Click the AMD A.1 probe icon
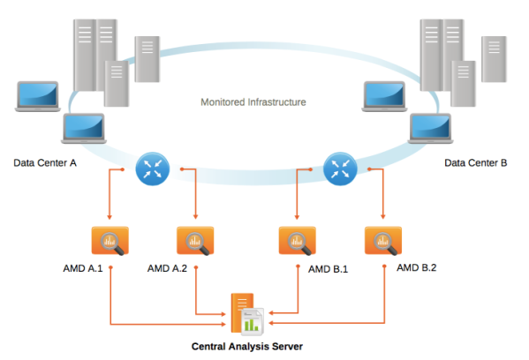point(110,241)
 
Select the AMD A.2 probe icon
point(195,241)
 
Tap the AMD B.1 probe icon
point(298,241)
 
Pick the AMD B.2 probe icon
point(383,241)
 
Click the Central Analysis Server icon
point(247,314)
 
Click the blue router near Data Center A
point(153,169)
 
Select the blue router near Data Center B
point(340,169)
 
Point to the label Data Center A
point(45,163)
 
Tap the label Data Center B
point(476,163)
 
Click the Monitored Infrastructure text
point(253,102)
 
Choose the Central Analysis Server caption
point(247,347)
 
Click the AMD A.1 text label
point(83,268)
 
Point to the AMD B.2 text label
point(417,268)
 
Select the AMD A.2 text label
point(167,268)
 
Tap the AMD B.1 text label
point(328,269)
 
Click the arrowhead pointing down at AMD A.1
point(110,217)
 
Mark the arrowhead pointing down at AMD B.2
point(382,216)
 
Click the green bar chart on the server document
point(252,325)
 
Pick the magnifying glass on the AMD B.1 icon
point(299,244)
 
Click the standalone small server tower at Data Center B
point(494,59)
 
